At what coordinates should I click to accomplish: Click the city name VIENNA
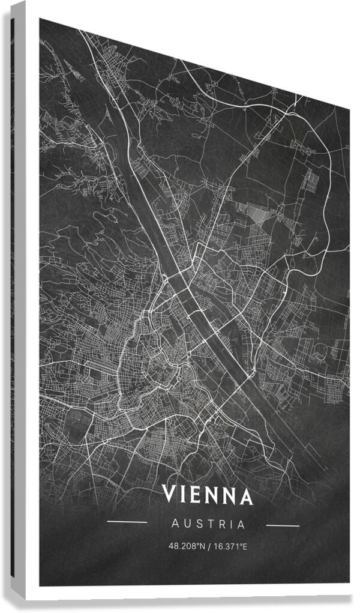click(x=208, y=496)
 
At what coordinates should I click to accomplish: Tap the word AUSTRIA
click(x=208, y=524)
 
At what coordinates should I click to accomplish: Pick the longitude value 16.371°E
click(x=230, y=547)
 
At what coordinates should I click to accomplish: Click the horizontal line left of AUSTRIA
click(x=127, y=522)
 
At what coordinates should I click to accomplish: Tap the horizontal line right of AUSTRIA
click(x=282, y=526)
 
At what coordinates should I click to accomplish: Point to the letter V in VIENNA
click(x=169, y=495)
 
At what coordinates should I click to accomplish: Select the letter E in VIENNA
click(x=196, y=495)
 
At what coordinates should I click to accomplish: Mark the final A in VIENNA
click(x=245, y=497)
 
